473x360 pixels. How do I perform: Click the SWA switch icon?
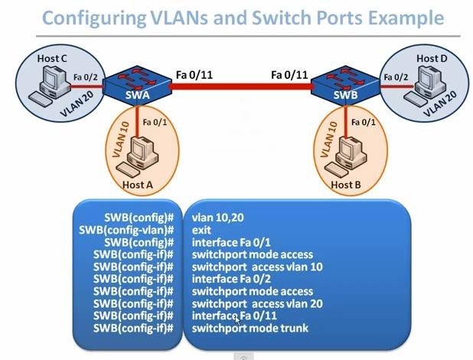tap(135, 83)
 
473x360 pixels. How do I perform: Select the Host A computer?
tap(141, 153)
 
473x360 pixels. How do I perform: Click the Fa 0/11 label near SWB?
tap(289, 74)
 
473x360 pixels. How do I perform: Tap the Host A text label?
tap(138, 185)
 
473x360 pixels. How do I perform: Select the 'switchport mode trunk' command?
tap(252, 328)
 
